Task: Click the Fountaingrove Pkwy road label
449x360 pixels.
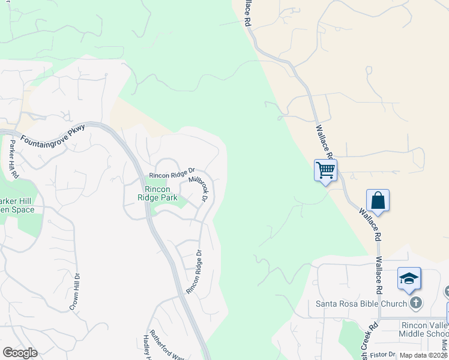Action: [53, 134]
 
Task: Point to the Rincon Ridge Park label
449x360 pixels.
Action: [157, 193]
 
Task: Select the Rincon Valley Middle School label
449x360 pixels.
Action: [423, 329]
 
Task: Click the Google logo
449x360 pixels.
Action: [20, 353]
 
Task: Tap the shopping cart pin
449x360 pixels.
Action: [325, 170]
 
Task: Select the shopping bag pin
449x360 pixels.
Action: [378, 200]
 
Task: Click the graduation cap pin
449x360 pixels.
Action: [409, 278]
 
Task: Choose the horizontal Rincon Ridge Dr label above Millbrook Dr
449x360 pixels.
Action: [173, 174]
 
